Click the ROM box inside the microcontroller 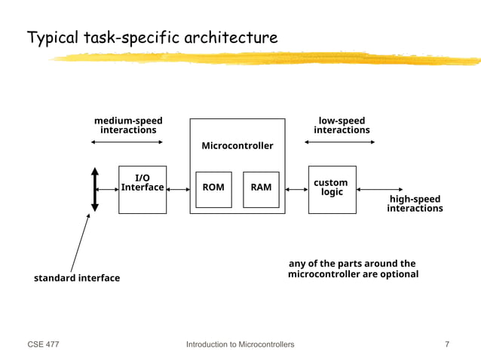coord(213,188)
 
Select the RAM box coord(261,188)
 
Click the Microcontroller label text coord(237,145)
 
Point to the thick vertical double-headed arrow coord(95,189)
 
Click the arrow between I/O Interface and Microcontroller coord(178,190)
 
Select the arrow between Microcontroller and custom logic coord(297,190)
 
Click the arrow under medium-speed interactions coord(128,142)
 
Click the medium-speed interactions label coord(128,125)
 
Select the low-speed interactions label coord(342,125)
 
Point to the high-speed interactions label coord(415,203)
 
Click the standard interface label coord(77,278)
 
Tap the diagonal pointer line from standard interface coord(80,243)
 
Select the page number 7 coord(447,344)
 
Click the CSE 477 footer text coord(43,344)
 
